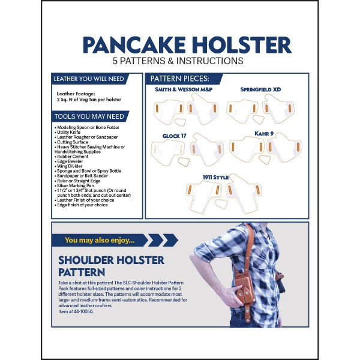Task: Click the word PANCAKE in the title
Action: tap(133, 45)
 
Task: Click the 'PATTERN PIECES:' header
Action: tap(179, 79)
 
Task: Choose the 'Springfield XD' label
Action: tap(260, 89)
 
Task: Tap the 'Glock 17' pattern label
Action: tap(174, 136)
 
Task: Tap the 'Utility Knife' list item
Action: tap(71, 132)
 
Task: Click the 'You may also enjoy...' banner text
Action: tap(100, 240)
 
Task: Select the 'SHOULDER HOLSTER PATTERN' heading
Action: tap(111, 266)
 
